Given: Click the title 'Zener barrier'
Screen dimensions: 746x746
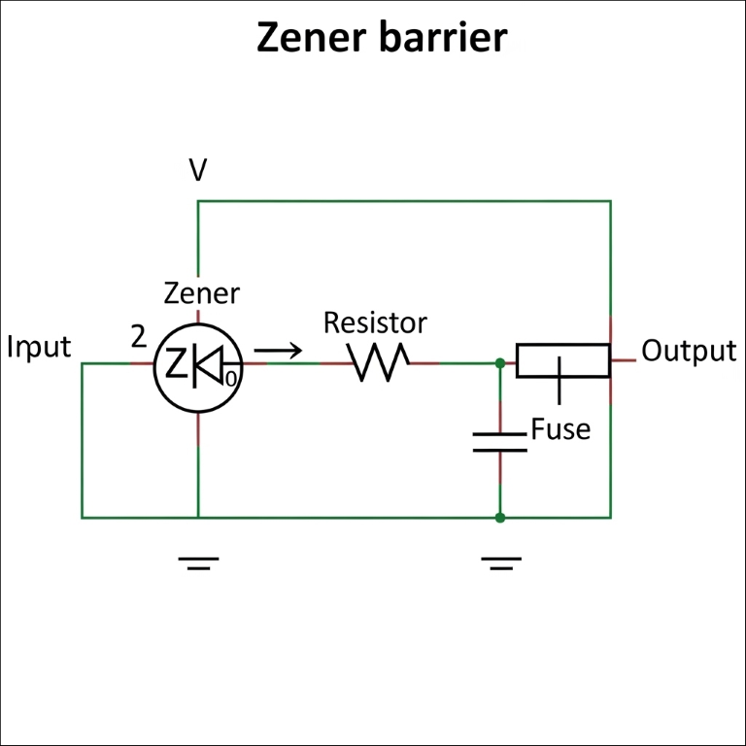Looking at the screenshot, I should [381, 38].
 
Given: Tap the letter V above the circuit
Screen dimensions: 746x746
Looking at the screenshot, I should [198, 171].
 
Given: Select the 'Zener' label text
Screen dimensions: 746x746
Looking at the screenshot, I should [201, 292].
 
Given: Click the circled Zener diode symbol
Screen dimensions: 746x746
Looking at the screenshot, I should [198, 363].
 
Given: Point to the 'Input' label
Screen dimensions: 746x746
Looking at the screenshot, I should [39, 347].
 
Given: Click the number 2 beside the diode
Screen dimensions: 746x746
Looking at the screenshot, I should [139, 337].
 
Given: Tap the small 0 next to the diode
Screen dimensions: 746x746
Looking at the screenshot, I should [231, 377].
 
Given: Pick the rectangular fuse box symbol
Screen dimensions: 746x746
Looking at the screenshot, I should [562, 360].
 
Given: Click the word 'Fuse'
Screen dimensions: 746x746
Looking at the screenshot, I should [560, 428].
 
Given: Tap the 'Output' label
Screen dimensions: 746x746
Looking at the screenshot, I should [689, 351].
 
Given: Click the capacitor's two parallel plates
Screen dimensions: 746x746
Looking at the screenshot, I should [499, 442].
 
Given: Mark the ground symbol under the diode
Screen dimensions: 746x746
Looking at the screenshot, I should [198, 562].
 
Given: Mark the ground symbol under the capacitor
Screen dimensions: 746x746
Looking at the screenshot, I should [500, 562].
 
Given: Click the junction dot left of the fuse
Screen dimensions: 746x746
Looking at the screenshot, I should [499, 363].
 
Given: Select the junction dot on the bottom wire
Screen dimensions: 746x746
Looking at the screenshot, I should [499, 518].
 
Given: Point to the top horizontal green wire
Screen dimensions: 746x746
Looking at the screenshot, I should [404, 201].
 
